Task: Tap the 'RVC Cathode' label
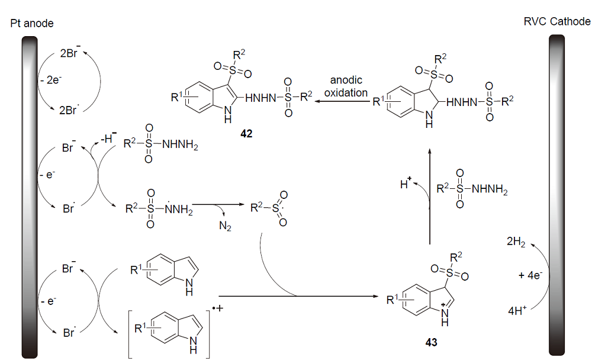(557, 22)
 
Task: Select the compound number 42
(246, 134)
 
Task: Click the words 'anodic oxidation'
(346, 87)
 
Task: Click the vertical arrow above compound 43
(429, 195)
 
